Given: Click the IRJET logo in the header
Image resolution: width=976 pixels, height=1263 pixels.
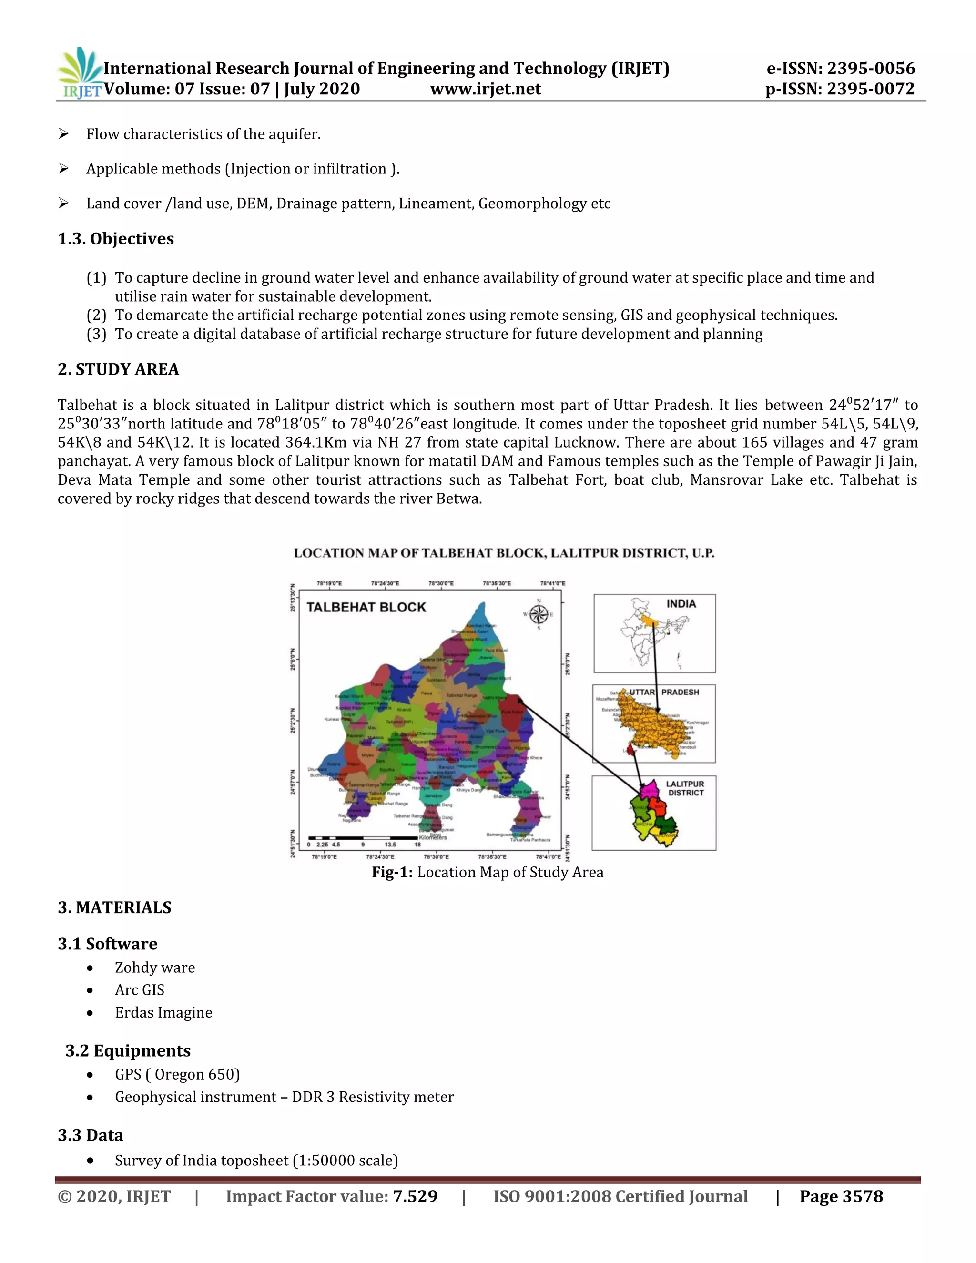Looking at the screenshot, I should coord(80,73).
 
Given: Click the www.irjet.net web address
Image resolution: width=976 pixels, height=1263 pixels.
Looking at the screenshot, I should coord(486,89).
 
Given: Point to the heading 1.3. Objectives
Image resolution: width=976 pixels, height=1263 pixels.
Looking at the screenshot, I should coord(116,239).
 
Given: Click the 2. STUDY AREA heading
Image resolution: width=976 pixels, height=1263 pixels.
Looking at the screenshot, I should coord(118,369).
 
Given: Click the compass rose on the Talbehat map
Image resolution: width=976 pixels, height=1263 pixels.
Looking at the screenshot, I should coord(539,614).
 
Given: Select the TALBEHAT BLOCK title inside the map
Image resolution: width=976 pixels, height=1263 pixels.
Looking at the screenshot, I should coord(366,607).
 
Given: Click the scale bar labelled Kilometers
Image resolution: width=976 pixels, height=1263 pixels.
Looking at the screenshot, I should coord(363,837).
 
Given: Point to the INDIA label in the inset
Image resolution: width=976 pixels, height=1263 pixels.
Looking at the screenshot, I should coord(681,604).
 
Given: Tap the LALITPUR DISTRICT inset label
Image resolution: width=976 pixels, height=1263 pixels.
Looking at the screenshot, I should coord(686,788).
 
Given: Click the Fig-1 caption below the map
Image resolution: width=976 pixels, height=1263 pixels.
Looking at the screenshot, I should coord(488,872).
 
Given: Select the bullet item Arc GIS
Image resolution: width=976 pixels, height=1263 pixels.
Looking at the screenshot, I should coord(139,990).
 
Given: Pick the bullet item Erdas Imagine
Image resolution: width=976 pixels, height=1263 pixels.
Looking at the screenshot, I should coord(163,1013).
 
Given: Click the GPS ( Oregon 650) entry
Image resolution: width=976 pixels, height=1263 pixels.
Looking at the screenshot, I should coord(177,1074).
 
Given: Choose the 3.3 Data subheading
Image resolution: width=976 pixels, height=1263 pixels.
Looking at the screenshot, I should coord(91,1135).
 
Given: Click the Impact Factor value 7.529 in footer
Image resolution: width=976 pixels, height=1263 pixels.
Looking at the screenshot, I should coord(415,1196).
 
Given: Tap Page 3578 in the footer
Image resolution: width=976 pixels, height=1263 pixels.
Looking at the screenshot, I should coord(841,1196).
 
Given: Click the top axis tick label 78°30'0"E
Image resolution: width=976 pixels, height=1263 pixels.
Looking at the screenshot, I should coord(441,583).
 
